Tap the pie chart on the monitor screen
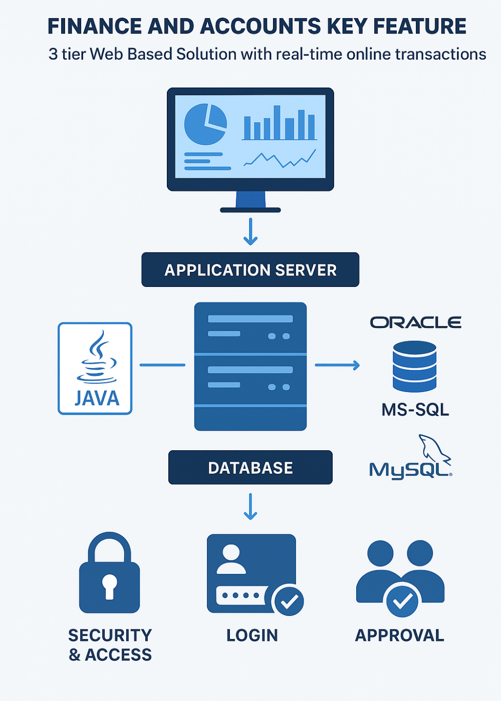(x=205, y=124)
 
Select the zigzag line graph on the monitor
(x=280, y=159)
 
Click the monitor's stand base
(x=250, y=210)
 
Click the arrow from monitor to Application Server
(x=250, y=232)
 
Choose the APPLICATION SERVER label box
(x=250, y=270)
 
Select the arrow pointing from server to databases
(x=337, y=365)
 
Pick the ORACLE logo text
(x=415, y=322)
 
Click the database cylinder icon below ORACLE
(x=414, y=366)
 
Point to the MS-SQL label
(x=415, y=410)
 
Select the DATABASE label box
(x=250, y=468)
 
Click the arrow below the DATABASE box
(x=250, y=507)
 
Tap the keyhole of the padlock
(x=109, y=585)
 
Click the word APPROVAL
(x=399, y=635)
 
